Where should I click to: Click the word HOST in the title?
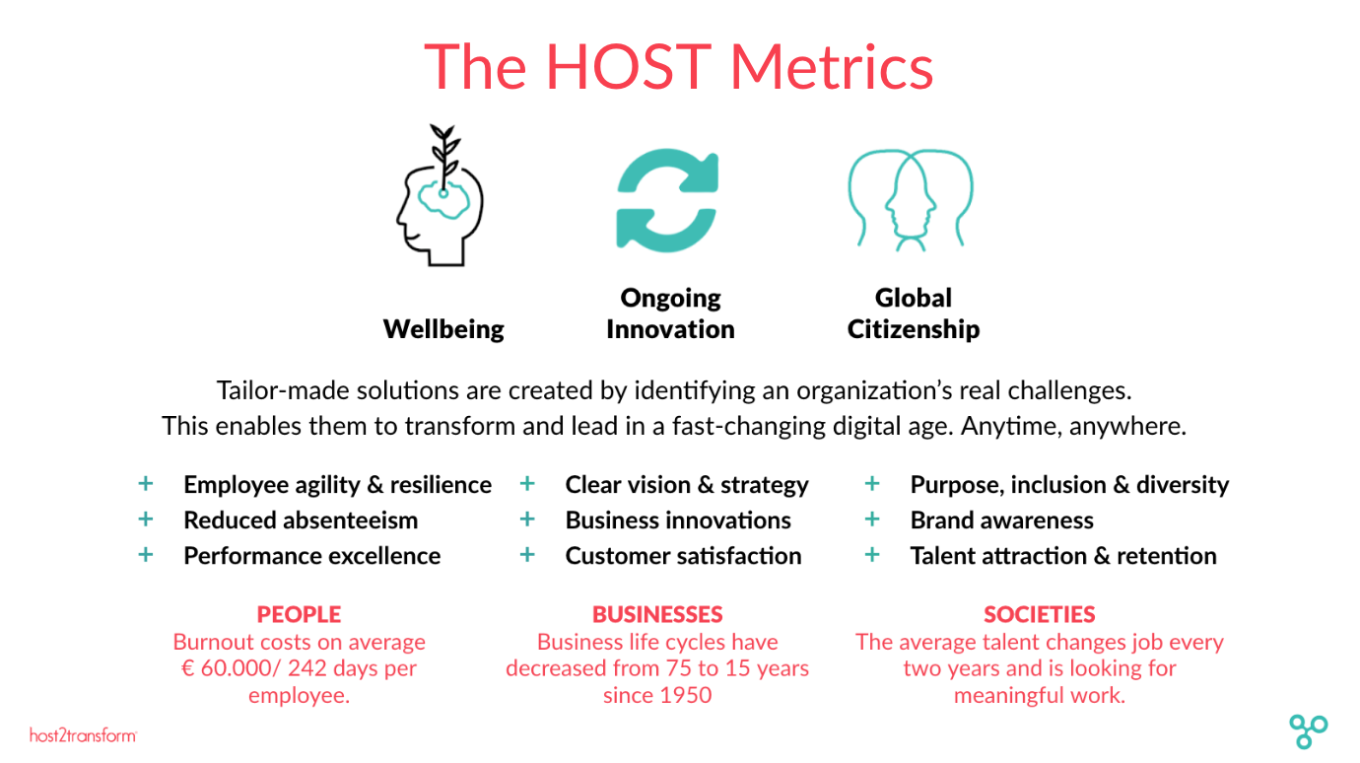629,67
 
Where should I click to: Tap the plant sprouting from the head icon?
444,157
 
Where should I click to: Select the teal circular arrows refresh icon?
667,200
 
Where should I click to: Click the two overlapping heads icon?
911,200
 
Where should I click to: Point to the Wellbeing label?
443,329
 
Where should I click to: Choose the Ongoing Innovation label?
670,313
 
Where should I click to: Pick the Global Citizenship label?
914,313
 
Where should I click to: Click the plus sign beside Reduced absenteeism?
146,520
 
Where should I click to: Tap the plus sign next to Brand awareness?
872,520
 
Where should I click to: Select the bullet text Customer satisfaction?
683,556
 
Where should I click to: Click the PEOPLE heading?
299,614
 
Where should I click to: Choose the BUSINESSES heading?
657,614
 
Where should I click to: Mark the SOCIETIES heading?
1040,614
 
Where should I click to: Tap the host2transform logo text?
83,735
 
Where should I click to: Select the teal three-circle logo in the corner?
1308,730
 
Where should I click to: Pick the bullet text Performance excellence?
312,556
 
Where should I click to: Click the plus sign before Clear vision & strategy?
527,484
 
